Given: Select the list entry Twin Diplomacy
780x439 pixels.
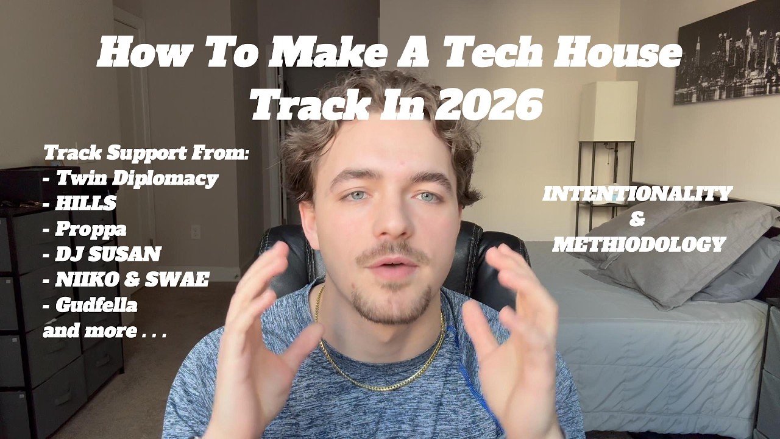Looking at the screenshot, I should coord(137,178).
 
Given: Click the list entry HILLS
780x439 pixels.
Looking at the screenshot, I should coord(85,203).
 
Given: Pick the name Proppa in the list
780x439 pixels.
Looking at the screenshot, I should coord(91,229).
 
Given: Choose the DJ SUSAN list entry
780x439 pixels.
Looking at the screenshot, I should coord(108,254).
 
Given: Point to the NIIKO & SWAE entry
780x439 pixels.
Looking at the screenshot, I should coord(132,279).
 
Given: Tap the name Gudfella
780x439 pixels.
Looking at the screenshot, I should coord(96,305).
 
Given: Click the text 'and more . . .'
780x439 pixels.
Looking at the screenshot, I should coord(104,331).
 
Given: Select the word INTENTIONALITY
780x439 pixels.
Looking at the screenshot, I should coord(637,194).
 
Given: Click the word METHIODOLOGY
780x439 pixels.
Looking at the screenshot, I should coord(638,244).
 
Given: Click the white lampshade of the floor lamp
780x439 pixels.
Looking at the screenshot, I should coord(608,112).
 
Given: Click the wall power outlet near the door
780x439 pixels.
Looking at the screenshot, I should coord(196,232).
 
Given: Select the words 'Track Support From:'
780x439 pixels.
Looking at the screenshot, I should coord(146,152).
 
